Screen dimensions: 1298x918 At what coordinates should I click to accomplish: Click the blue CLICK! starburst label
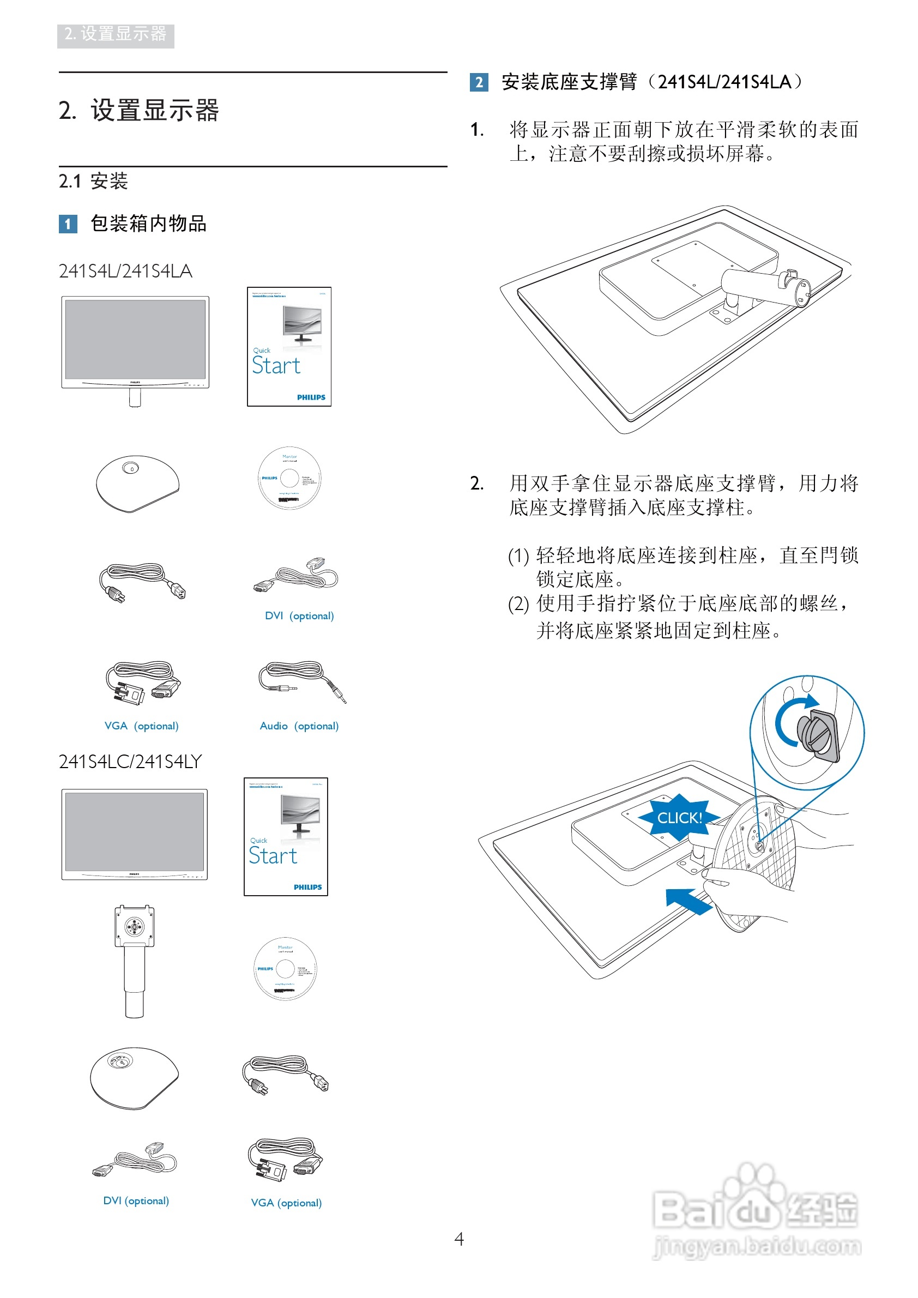(x=679, y=818)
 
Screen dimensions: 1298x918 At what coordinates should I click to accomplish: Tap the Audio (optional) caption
(x=299, y=726)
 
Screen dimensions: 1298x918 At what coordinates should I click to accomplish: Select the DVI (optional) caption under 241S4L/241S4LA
(x=299, y=615)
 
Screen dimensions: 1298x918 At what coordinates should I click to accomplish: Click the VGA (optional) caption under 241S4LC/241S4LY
(x=286, y=1203)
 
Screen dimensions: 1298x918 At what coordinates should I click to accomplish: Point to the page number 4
(x=459, y=1239)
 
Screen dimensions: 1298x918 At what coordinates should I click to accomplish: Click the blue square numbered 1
(x=68, y=224)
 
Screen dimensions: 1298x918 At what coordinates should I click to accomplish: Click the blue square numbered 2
(x=479, y=82)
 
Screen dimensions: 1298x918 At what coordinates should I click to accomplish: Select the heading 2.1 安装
(x=93, y=181)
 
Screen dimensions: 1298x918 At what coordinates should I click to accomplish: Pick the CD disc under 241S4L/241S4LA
(x=289, y=478)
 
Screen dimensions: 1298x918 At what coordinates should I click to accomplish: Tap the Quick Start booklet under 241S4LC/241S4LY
(x=286, y=837)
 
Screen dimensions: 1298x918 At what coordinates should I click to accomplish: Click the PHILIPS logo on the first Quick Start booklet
(x=311, y=397)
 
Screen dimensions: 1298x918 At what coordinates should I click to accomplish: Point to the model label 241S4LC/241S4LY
(x=130, y=762)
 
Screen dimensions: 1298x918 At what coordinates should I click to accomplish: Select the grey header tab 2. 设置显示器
(x=116, y=35)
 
